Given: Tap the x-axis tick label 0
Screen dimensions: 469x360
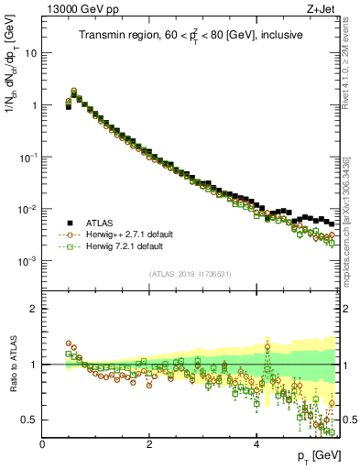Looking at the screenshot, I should [x=43, y=443].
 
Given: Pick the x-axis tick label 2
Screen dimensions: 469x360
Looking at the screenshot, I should [x=149, y=443].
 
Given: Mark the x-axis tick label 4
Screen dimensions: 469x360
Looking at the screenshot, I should [x=256, y=443].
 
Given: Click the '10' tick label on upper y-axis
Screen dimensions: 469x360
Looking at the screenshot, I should [x=30, y=53].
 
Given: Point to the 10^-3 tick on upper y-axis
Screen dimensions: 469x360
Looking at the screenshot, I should [x=27, y=261].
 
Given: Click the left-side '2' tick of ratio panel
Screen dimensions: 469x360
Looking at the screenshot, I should [x=34, y=309].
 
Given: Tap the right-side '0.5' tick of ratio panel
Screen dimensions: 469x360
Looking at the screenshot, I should [x=347, y=420].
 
